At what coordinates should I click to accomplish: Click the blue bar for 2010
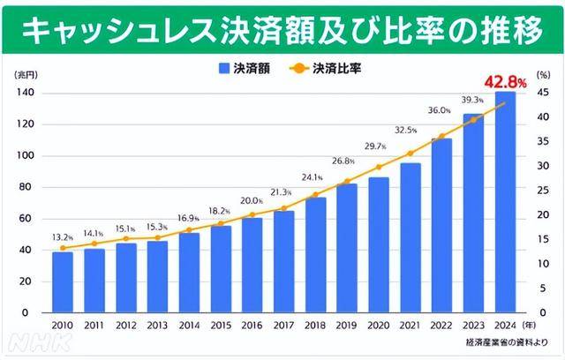(x=63, y=282)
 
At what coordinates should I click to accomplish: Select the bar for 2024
(x=505, y=202)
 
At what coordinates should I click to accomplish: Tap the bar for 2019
(x=347, y=248)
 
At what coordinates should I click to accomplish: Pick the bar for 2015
(x=221, y=269)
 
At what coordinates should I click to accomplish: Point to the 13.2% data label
(x=61, y=236)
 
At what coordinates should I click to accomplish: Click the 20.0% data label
(x=251, y=200)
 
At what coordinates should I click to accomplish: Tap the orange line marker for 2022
(x=441, y=137)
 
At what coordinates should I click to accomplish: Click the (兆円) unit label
(x=26, y=77)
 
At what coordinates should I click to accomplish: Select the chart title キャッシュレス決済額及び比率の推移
(x=282, y=31)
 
